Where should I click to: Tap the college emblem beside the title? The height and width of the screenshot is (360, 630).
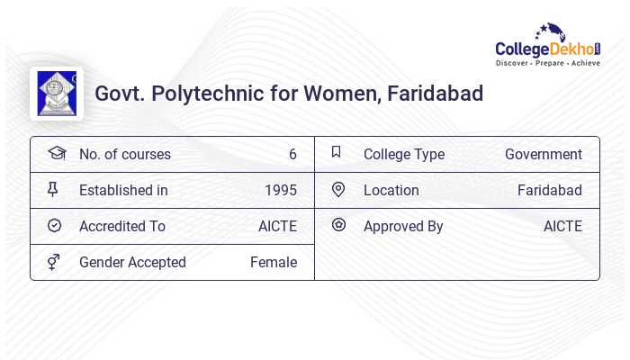pos(57,94)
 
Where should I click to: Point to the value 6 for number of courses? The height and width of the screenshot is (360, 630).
pos(292,154)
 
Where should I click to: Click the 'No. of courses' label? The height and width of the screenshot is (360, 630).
pos(124,154)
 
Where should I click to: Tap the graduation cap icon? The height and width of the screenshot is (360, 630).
pos(57,153)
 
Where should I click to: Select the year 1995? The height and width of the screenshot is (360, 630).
pos(281,190)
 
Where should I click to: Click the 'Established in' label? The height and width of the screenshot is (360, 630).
pos(123,190)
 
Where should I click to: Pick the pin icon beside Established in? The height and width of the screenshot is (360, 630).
pos(54,189)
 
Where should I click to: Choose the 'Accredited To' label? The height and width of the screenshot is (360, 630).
pos(122,226)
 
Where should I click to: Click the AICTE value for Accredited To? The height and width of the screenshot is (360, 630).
pos(277,226)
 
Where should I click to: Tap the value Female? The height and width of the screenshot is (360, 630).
pos(274,262)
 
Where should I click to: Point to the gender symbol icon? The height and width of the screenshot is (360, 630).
pos(54,262)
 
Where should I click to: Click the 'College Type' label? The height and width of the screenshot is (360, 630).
pos(404,154)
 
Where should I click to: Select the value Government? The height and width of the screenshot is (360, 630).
pos(544,154)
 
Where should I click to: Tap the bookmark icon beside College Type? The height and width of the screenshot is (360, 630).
pos(337,152)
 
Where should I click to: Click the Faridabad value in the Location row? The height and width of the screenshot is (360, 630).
pos(550,190)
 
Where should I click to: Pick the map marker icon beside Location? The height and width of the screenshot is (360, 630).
pos(338,189)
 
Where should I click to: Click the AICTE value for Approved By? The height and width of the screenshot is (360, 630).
pos(562,226)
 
